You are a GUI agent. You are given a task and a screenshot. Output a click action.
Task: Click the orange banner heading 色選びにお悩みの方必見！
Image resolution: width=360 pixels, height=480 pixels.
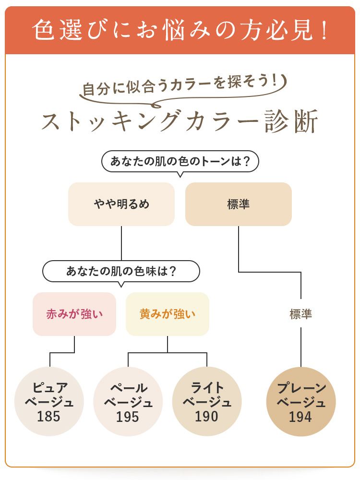pyautogui.click(x=180, y=30)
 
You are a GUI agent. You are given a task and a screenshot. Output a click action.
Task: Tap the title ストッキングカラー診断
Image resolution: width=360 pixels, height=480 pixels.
pyautogui.click(x=180, y=122)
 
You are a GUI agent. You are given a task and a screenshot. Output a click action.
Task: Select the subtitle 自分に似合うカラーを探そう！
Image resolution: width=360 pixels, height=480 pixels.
pyautogui.click(x=180, y=86)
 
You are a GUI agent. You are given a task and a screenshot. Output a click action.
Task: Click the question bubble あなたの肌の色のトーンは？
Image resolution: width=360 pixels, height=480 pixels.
pyautogui.click(x=180, y=161)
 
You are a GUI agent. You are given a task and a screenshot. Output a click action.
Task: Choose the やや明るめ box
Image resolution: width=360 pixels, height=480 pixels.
pyautogui.click(x=121, y=204)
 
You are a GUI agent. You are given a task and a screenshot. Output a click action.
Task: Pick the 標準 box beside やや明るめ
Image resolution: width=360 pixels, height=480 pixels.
pyautogui.click(x=238, y=204)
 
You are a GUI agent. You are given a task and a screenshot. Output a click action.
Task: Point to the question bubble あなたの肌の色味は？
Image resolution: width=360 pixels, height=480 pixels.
pyautogui.click(x=121, y=271)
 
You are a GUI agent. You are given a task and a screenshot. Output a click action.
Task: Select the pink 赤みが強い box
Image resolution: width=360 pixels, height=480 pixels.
pyautogui.click(x=74, y=314)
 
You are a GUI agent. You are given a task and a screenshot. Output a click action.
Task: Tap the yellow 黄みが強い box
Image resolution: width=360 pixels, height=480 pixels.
pyautogui.click(x=167, y=314)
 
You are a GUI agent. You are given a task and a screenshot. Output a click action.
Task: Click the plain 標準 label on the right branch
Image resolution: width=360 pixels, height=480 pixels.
pyautogui.click(x=301, y=314)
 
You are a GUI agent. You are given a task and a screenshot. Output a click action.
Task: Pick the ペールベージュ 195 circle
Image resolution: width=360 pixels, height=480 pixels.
pyautogui.click(x=128, y=401)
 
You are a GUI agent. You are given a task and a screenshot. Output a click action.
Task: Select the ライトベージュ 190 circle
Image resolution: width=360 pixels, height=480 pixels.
pyautogui.click(x=206, y=401)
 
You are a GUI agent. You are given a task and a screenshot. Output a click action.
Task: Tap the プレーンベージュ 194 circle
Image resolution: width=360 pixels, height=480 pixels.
pyautogui.click(x=301, y=401)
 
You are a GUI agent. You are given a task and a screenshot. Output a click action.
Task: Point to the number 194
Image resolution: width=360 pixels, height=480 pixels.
pyautogui.click(x=301, y=417)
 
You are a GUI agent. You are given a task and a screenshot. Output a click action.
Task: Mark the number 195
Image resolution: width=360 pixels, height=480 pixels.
pyautogui.click(x=128, y=417)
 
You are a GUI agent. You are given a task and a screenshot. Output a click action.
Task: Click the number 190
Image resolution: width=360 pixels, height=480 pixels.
pyautogui.click(x=206, y=416)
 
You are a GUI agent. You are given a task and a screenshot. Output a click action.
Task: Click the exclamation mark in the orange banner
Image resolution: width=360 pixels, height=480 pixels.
pyautogui.click(x=323, y=30)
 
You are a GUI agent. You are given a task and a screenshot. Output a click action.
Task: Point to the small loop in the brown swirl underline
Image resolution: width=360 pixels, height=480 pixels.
pyautogui.click(x=155, y=104)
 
